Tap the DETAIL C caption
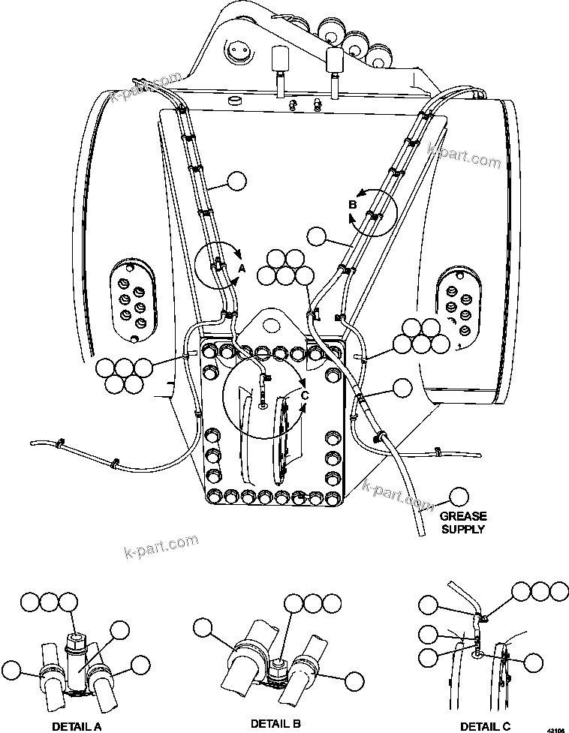point(485,725)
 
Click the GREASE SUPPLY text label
point(463,522)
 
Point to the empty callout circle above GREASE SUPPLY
point(457,497)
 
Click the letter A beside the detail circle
point(242,268)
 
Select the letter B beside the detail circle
point(351,204)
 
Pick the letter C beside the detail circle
point(304,395)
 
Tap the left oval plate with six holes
point(131,300)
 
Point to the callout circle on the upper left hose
point(236,181)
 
